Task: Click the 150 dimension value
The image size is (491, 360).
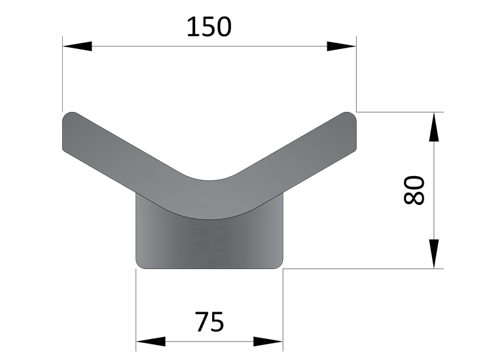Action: coord(209,27)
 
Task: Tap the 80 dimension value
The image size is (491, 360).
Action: coord(414,190)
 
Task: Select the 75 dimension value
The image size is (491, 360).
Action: coord(209,321)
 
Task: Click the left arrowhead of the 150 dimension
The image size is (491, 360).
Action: coord(77,46)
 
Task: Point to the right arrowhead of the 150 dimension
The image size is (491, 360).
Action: coord(342,46)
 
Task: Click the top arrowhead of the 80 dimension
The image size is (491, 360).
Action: coord(433,127)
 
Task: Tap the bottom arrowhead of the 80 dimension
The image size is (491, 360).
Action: coord(433,253)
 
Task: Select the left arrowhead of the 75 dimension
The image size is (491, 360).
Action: coord(151,342)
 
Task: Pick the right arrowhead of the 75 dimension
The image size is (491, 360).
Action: coord(268,342)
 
